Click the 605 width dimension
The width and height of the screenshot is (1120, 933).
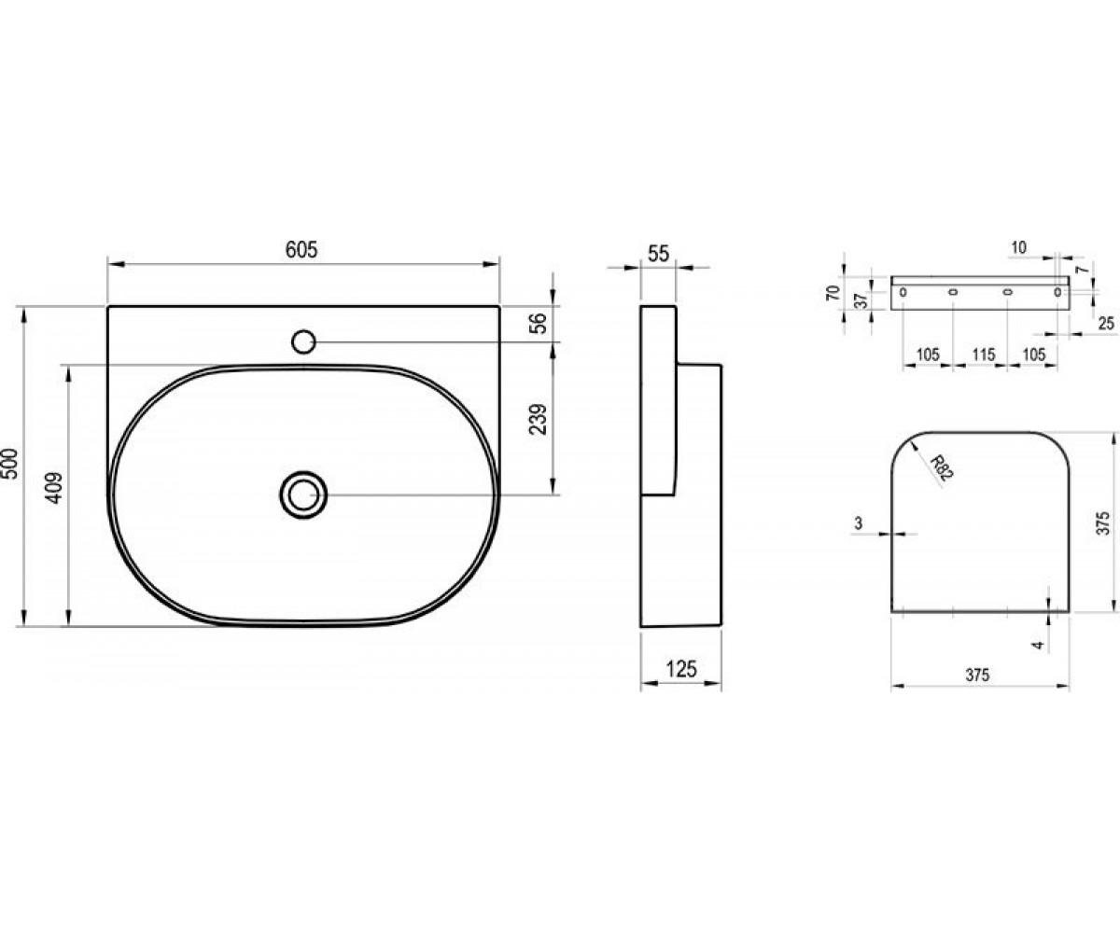301,250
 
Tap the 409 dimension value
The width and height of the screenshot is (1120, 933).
53,488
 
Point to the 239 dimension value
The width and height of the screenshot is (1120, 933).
538,419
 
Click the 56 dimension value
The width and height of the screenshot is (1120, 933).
538,323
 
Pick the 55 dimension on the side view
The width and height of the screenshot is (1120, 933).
658,254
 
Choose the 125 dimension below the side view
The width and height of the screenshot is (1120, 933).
681,669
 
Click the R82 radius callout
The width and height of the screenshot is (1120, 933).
942,467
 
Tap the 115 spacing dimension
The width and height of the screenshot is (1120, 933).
983,355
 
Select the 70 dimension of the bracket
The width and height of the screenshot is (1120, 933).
833,293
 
